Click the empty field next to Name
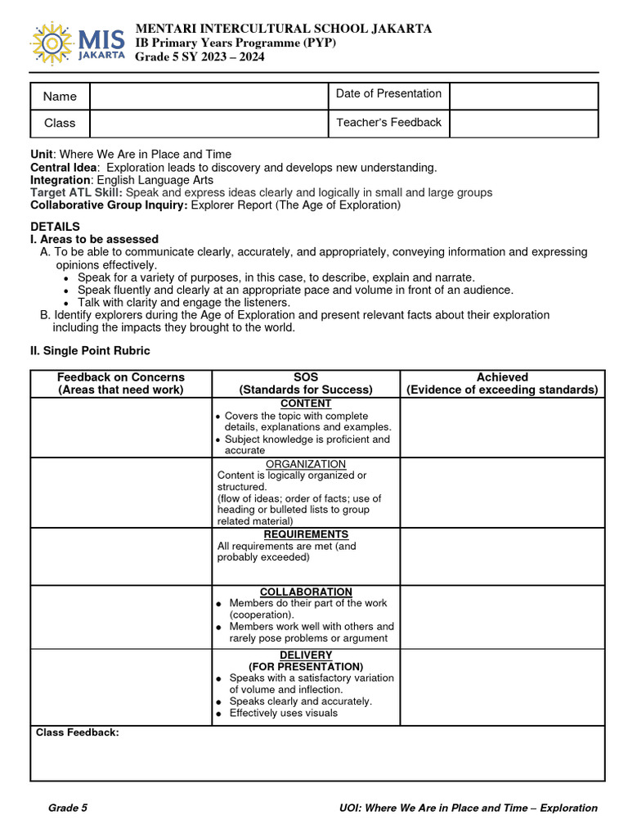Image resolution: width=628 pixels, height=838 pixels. click(x=208, y=97)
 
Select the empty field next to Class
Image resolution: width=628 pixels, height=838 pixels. click(x=208, y=124)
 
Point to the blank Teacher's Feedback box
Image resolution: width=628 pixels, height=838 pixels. click(x=523, y=124)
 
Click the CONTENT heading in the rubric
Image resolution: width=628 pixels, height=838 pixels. click(x=306, y=403)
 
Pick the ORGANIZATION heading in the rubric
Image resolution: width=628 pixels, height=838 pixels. click(x=306, y=464)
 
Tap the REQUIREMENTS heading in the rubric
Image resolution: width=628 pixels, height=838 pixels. click(x=306, y=534)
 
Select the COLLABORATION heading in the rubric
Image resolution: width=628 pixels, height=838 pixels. click(x=306, y=592)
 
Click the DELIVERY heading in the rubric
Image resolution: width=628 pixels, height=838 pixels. click(x=306, y=655)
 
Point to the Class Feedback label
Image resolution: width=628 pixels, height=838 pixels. click(x=78, y=732)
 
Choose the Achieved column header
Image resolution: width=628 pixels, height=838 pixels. click(x=502, y=377)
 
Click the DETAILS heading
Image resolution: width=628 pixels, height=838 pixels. click(x=55, y=226)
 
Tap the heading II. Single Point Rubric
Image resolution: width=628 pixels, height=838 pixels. click(x=90, y=350)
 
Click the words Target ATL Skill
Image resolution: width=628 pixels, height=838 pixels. click(x=75, y=192)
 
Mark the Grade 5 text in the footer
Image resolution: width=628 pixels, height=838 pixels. click(x=68, y=808)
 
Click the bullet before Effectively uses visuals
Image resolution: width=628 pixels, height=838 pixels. click(x=220, y=714)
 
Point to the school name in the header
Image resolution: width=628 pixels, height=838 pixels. click(x=283, y=29)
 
